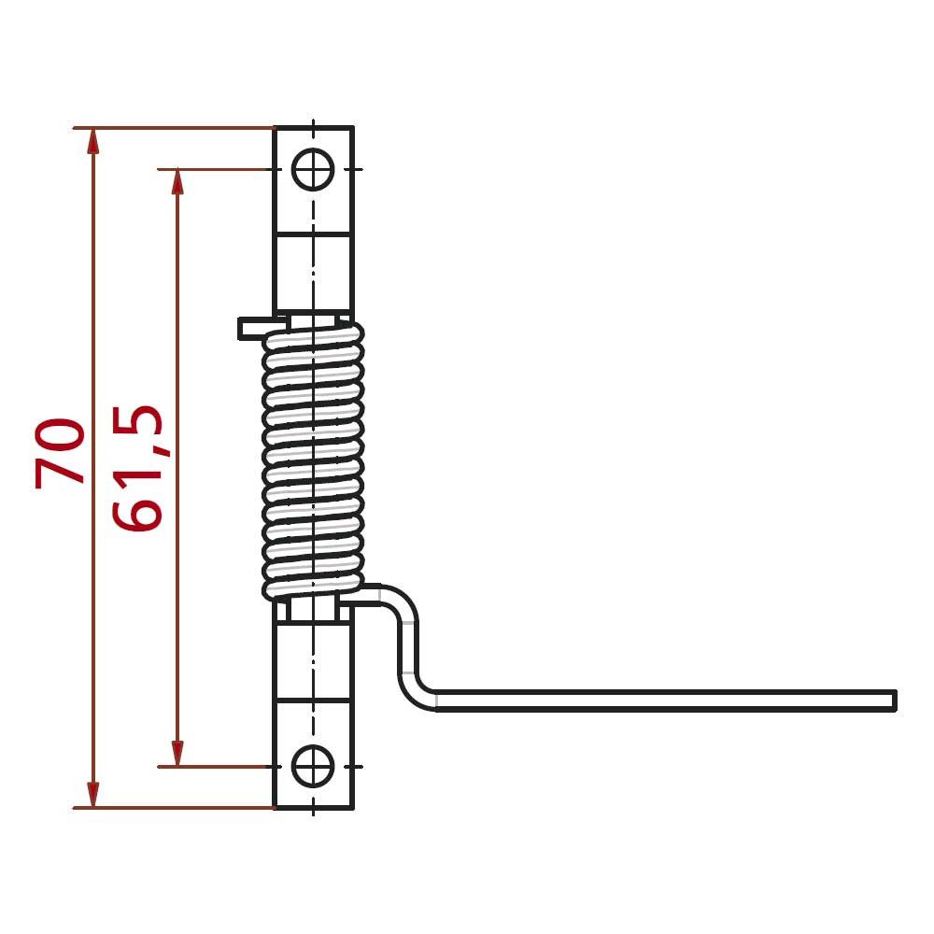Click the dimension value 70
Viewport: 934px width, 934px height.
60,453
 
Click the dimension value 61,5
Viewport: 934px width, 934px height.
137,468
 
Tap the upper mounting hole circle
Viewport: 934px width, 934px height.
313,169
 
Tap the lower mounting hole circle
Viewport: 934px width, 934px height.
313,766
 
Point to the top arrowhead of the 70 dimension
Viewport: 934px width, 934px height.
92,142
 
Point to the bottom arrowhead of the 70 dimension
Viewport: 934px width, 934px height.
92,794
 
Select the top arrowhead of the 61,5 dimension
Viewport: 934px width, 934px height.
177,183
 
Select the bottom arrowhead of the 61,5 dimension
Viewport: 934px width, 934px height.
177,753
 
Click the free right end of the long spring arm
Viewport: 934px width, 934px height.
896,700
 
